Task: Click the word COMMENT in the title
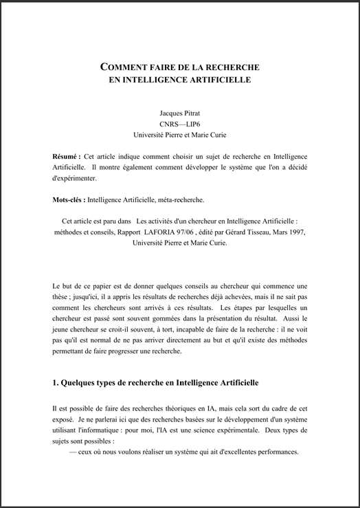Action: pyautogui.click(x=123, y=67)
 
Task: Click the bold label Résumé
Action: pyautogui.click(x=66, y=156)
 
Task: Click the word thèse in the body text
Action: pyautogui.click(x=63, y=296)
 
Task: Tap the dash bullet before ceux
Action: pyautogui.click(x=73, y=452)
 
